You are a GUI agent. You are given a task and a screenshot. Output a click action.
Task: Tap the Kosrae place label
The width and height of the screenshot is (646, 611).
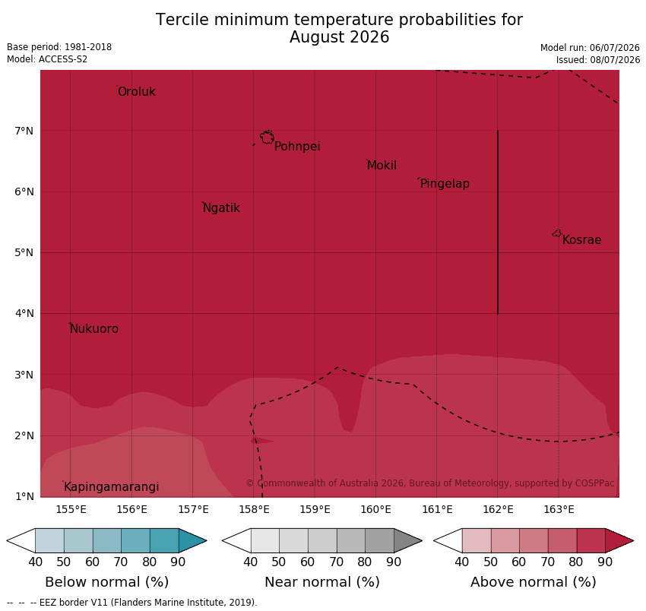(581, 240)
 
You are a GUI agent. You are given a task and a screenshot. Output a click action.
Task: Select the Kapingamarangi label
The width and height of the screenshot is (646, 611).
(112, 487)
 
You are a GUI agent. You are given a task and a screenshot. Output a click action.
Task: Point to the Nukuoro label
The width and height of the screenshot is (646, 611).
(94, 329)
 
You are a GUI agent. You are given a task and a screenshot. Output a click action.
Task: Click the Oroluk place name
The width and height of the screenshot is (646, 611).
(137, 91)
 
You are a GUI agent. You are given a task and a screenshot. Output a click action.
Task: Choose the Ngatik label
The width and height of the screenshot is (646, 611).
(222, 208)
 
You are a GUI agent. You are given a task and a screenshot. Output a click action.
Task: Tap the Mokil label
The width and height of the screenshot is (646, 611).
(382, 166)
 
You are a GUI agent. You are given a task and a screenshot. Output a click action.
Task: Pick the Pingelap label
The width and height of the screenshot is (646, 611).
(445, 184)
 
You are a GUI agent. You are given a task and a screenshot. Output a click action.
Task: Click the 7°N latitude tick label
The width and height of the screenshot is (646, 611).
(24, 131)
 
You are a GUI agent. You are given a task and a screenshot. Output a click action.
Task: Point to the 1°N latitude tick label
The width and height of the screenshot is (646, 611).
(24, 496)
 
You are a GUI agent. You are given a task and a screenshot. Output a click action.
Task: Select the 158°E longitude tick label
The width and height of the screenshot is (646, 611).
(254, 510)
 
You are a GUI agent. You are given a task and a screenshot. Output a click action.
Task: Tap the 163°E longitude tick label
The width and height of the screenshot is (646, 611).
(559, 510)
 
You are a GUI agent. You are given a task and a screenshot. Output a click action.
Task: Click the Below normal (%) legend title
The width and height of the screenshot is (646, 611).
(107, 582)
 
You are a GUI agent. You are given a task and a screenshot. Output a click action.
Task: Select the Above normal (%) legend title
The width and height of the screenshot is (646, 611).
(534, 582)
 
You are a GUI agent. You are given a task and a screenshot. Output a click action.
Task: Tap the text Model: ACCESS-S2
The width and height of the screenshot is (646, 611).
(47, 59)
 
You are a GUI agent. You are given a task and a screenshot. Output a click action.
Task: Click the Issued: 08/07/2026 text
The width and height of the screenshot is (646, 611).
(598, 60)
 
